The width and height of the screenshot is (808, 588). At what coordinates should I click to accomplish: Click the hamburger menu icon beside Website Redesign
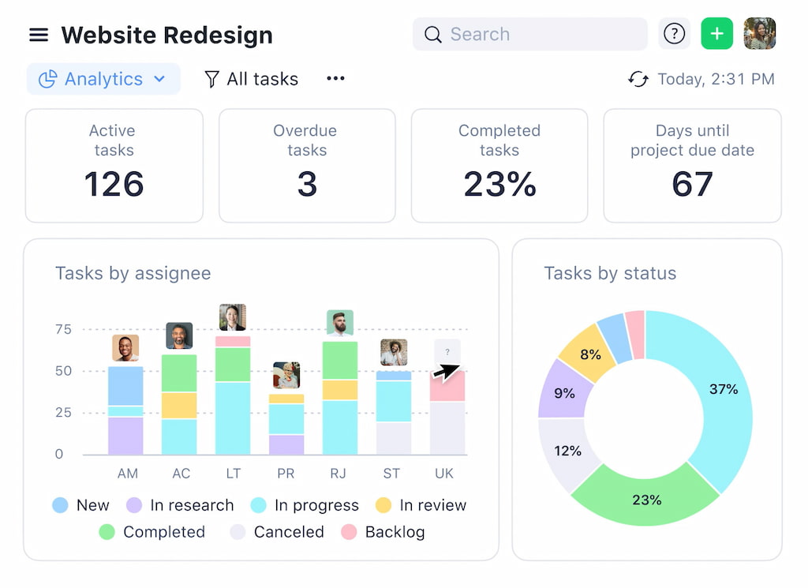39,36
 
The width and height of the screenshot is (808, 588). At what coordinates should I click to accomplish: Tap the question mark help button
674,34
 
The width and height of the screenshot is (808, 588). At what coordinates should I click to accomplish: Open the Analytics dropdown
103,79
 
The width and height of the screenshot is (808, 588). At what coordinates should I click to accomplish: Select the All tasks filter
252,79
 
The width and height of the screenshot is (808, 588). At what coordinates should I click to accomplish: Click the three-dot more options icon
336,78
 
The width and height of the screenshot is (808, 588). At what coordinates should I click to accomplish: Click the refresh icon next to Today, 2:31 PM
638,79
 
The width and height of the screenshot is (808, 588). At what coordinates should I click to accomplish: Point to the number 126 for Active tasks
114,184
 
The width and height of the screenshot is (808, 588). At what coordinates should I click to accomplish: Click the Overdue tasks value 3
307,184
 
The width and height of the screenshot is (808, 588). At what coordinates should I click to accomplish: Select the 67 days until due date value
692,184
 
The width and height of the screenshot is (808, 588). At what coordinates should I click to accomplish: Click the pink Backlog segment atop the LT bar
233,342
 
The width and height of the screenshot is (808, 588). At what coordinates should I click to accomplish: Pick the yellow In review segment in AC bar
179,405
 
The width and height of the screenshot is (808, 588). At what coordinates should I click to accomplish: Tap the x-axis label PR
286,474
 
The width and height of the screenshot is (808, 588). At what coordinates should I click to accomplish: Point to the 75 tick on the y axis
63,329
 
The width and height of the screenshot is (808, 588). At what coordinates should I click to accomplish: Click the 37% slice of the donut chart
722,389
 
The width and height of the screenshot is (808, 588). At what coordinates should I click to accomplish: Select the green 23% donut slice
645,498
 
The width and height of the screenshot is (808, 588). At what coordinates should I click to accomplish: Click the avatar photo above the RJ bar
340,322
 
